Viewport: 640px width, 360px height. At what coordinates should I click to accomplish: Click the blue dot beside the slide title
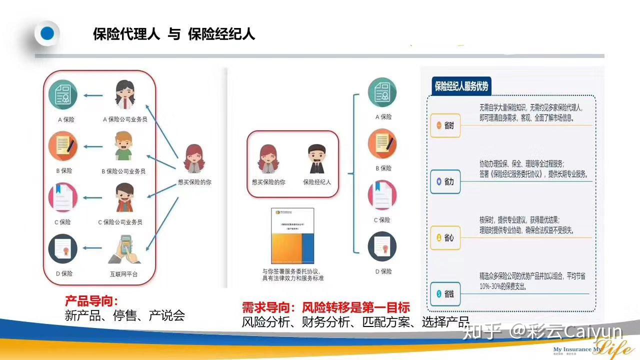[47, 34]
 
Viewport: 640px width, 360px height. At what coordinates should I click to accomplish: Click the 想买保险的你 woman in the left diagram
[194, 159]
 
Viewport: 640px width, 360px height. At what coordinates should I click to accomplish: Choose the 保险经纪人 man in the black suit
[316, 159]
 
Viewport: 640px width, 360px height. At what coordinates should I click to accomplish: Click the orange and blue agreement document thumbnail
[292, 235]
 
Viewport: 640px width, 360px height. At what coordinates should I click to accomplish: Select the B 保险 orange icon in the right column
[382, 144]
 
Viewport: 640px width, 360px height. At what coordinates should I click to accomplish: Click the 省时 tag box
[445, 126]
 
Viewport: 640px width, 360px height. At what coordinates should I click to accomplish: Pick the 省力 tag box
[445, 182]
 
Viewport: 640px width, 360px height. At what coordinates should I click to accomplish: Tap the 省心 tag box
[445, 238]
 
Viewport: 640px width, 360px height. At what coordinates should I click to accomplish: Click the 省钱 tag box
[445, 294]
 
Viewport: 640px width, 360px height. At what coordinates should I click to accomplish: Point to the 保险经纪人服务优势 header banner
[461, 86]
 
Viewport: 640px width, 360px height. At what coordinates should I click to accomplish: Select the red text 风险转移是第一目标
[356, 307]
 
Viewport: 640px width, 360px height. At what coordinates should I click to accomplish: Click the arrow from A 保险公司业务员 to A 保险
[93, 95]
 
